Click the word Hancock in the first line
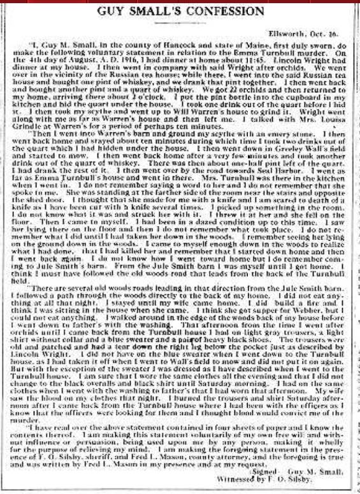click(135, 44)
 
